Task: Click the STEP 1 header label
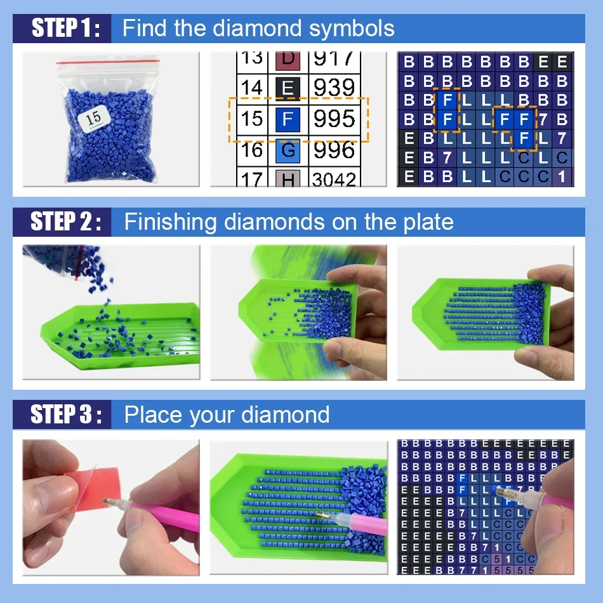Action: [66, 29]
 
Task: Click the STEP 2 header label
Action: [66, 222]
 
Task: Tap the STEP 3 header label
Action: [66, 414]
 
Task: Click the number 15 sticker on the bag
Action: [93, 118]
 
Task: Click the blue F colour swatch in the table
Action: [288, 119]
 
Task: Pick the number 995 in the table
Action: [334, 119]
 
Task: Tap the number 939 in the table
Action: [334, 88]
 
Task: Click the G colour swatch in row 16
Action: [288, 150]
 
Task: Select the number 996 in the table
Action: [334, 150]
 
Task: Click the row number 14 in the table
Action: [251, 88]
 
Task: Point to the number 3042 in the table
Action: [334, 180]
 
